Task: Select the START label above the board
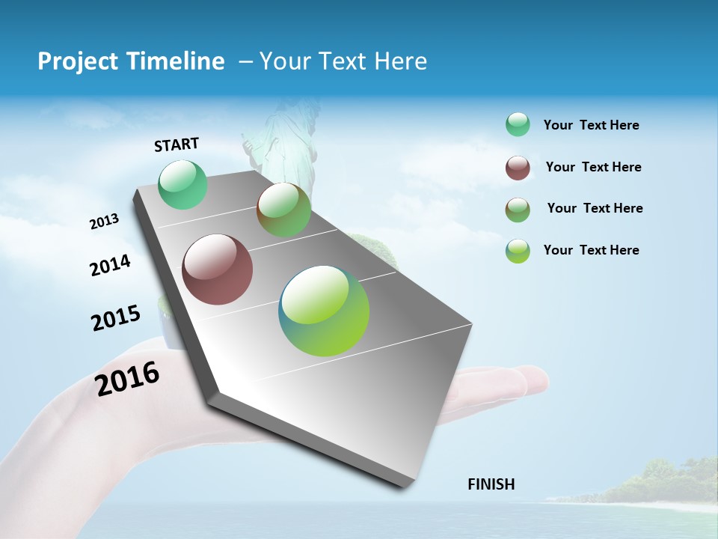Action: pyautogui.click(x=177, y=144)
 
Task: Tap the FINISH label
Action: pyautogui.click(x=491, y=484)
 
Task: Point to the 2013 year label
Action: pyautogui.click(x=104, y=222)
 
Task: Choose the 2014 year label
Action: pyautogui.click(x=110, y=266)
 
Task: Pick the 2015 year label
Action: pyautogui.click(x=116, y=317)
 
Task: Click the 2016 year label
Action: pyautogui.click(x=127, y=378)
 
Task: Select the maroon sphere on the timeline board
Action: pyautogui.click(x=217, y=269)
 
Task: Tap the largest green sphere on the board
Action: pyautogui.click(x=324, y=311)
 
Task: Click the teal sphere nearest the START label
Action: pyautogui.click(x=182, y=184)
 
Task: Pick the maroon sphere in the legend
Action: pyautogui.click(x=518, y=168)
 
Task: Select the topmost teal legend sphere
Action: pyautogui.click(x=518, y=125)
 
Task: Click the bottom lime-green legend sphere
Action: pyautogui.click(x=518, y=251)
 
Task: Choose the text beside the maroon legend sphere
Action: pyautogui.click(x=593, y=167)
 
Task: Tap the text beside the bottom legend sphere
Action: pyautogui.click(x=591, y=250)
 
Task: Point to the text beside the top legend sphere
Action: pyautogui.click(x=591, y=125)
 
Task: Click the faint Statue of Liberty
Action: pyautogui.click(x=280, y=142)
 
